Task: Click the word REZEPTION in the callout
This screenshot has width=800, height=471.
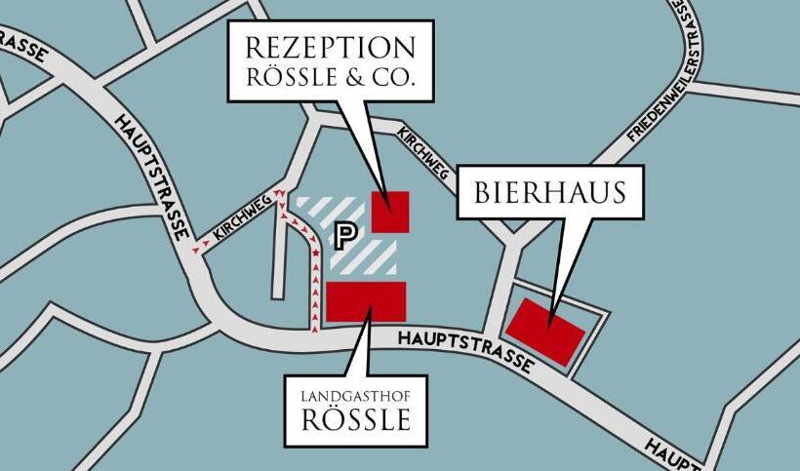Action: coord(331,48)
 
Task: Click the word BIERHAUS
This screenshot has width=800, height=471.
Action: coord(550,192)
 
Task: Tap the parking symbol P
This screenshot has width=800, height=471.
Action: coord(343,234)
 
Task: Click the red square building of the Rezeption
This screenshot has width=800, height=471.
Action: coord(390,212)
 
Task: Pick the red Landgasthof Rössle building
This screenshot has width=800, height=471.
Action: coord(366,300)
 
